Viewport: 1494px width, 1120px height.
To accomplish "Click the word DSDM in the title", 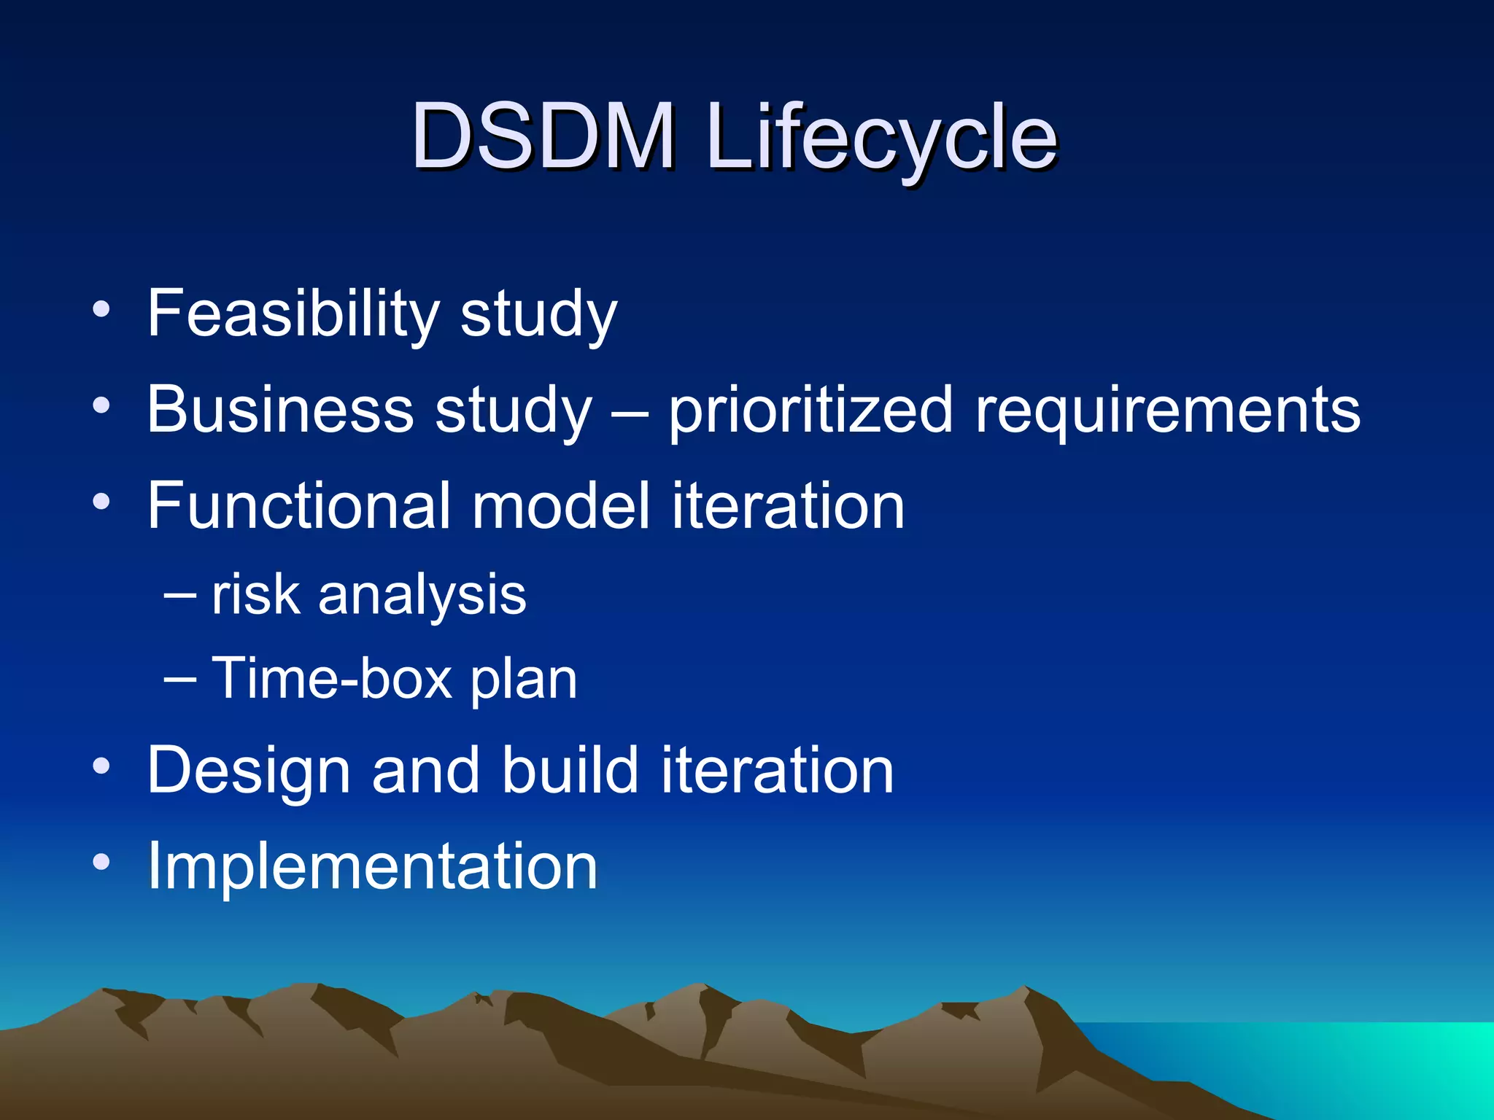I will point(543,136).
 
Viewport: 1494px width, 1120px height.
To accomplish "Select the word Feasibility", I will point(293,314).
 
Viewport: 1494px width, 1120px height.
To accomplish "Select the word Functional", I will point(298,506).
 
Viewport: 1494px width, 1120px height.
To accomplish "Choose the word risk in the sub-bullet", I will point(255,594).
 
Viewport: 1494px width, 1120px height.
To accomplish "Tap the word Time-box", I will point(333,679).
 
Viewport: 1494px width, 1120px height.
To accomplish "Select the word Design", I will point(249,771).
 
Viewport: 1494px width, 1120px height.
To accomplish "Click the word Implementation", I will point(372,866).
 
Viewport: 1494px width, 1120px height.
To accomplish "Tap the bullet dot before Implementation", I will point(101,863).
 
